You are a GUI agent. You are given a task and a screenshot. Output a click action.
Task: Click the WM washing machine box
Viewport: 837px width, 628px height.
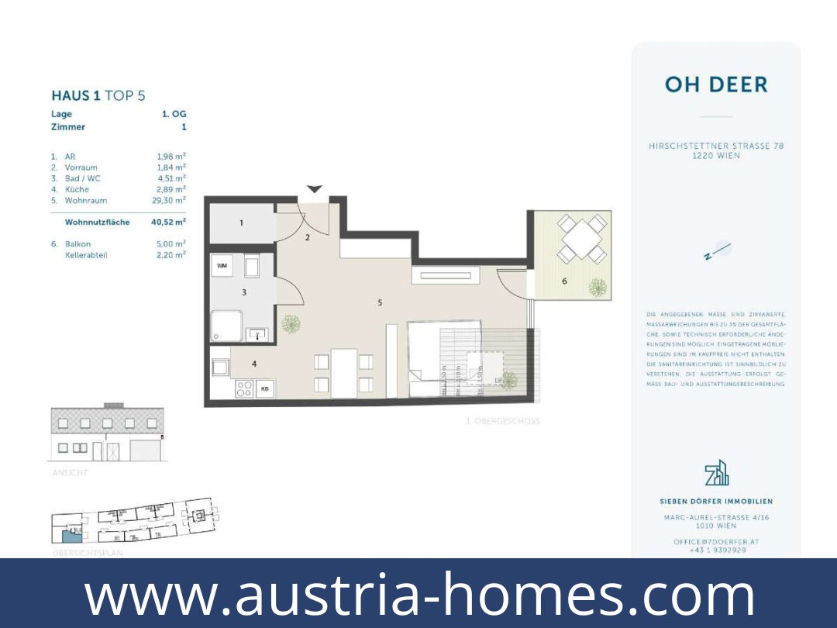[x=222, y=266]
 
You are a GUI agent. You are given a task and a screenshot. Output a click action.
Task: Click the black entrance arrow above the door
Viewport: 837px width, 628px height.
[x=314, y=189]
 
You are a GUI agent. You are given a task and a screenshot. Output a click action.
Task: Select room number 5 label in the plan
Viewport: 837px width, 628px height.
[x=380, y=302]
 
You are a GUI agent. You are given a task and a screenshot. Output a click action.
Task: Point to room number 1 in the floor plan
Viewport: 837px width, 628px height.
[x=241, y=223]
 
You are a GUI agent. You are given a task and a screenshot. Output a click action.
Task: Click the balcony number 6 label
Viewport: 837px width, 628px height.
[x=564, y=281]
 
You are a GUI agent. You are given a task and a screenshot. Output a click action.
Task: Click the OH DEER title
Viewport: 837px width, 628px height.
[x=716, y=85]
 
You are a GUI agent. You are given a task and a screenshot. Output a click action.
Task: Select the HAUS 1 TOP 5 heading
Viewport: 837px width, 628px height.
[x=98, y=96]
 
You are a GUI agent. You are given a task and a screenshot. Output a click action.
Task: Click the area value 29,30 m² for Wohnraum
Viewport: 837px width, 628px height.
[x=169, y=200]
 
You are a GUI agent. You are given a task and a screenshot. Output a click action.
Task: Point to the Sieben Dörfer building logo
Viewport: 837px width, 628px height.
[x=716, y=472]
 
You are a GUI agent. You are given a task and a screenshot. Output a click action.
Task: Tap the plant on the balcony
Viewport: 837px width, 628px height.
[x=597, y=288]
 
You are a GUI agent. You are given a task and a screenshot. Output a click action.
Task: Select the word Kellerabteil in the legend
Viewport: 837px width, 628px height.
[x=86, y=255]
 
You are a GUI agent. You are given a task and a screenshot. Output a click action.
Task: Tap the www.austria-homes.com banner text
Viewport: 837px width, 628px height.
[x=418, y=594]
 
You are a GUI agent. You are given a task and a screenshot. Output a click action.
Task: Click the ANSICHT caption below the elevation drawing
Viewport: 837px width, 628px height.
[x=70, y=472]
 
